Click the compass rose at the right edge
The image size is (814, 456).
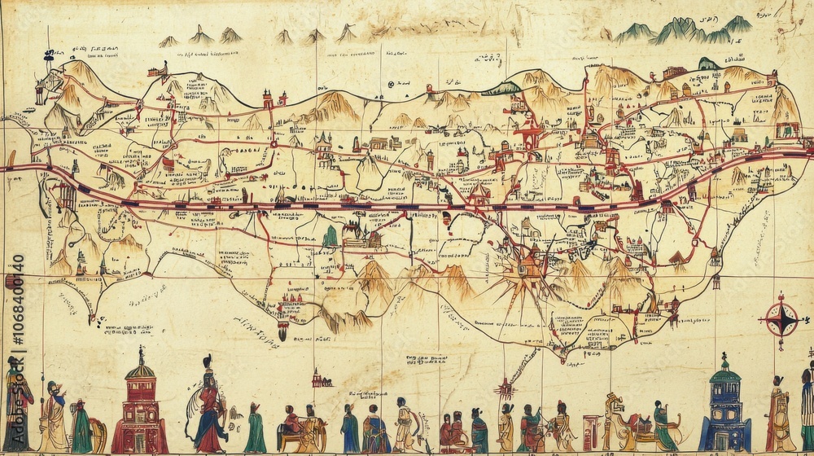[x=781, y=319]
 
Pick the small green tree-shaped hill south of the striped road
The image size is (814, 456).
[x=330, y=236]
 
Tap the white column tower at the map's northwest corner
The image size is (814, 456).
[x=40, y=91]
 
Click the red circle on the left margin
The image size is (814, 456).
[x=11, y=282]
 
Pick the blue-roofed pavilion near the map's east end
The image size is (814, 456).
[x=786, y=128]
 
